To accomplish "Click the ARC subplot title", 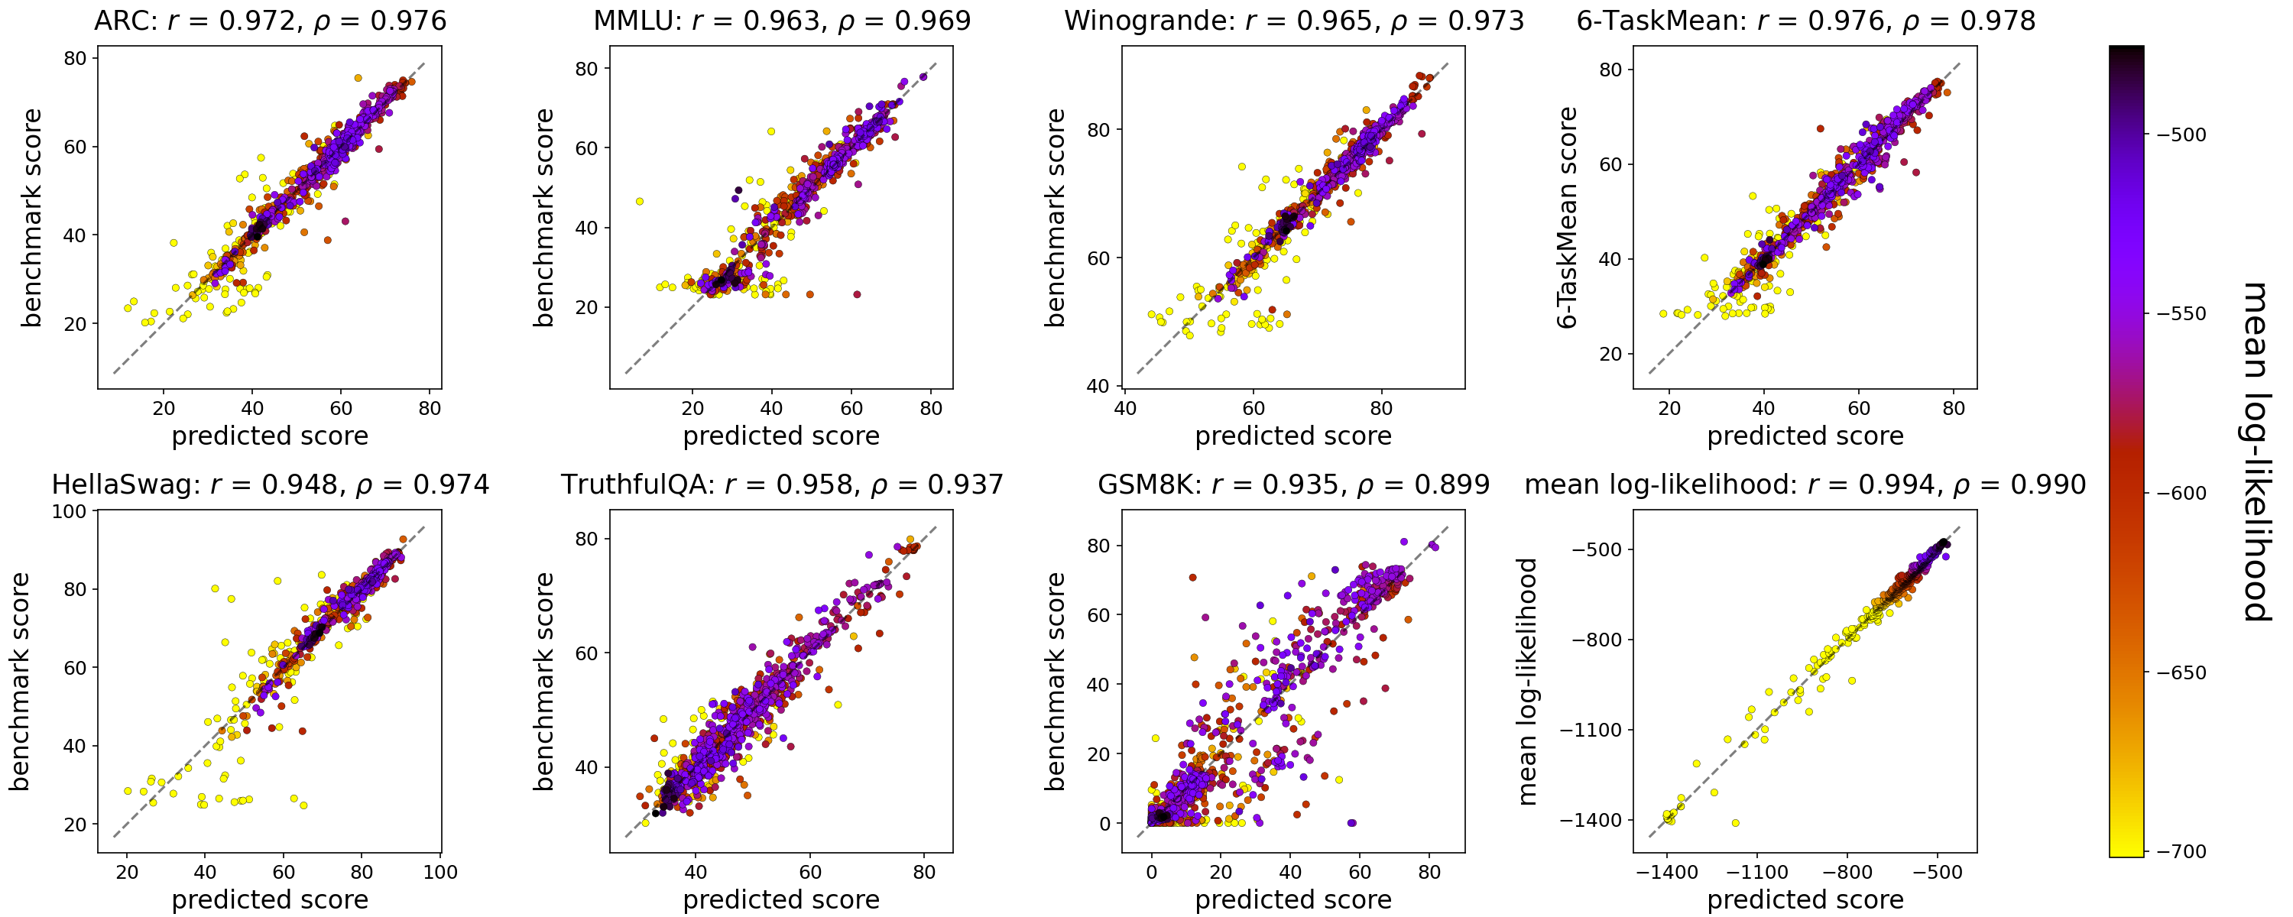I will point(270,21).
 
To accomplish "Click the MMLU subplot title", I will point(782,21).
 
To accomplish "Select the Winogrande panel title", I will point(1293,21).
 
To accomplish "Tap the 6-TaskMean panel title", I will point(1805,21).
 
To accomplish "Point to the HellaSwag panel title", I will point(270,484).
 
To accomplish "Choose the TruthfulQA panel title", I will point(782,484).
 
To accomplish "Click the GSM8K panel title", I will point(1293,484).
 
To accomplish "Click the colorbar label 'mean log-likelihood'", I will point(2256,452).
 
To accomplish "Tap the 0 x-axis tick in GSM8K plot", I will point(1151,873).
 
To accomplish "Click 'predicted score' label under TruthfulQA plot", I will point(782,900).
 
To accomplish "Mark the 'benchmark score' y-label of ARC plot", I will point(31,217).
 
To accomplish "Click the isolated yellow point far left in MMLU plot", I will point(639,201).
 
